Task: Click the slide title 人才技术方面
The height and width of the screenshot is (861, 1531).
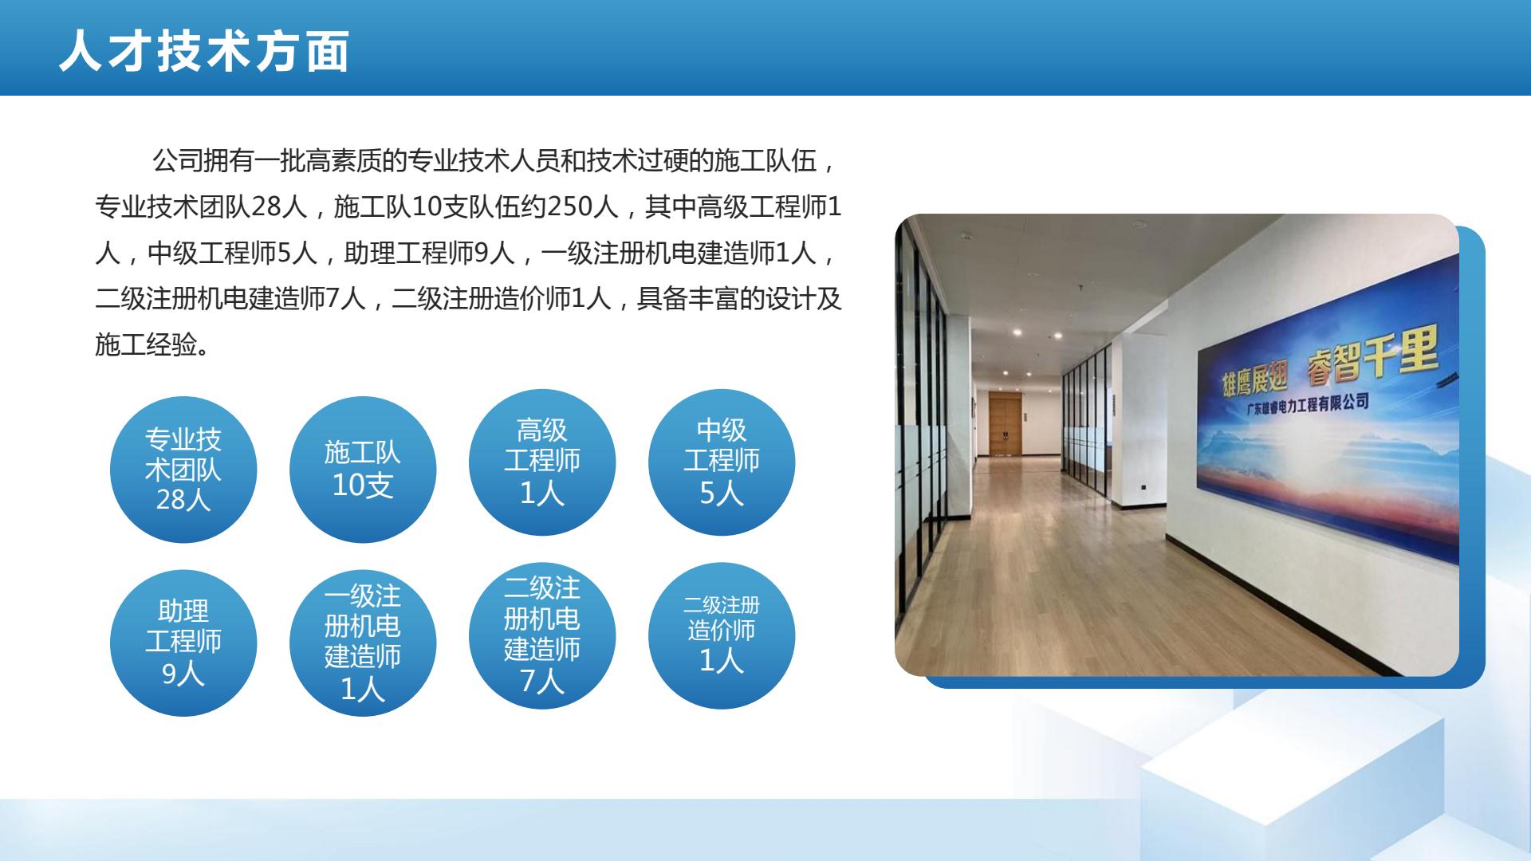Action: tap(204, 52)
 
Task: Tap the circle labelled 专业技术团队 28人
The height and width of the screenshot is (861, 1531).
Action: tap(183, 470)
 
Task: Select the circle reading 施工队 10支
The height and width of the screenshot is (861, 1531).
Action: tap(363, 470)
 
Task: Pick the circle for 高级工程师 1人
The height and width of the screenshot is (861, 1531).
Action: tap(542, 462)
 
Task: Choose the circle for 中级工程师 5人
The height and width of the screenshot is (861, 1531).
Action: tap(722, 462)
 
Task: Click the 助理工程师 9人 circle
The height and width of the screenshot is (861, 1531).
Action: tap(183, 643)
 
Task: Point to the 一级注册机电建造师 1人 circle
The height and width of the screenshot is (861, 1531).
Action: tap(363, 643)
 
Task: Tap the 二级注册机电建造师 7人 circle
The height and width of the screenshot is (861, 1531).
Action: tap(542, 635)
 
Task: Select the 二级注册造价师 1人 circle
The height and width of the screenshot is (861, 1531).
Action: tap(722, 635)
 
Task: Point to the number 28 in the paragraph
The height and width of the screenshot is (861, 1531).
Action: tap(266, 207)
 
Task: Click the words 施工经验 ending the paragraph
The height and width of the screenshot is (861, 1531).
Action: tap(146, 345)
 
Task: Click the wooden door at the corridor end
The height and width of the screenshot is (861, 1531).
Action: tap(1005, 423)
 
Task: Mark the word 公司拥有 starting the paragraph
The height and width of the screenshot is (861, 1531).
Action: tap(203, 161)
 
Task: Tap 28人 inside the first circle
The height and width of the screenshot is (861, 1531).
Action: tap(183, 500)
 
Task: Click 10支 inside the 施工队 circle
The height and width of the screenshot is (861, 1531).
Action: tap(363, 485)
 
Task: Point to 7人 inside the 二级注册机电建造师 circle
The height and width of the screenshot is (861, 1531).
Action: tap(542, 682)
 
